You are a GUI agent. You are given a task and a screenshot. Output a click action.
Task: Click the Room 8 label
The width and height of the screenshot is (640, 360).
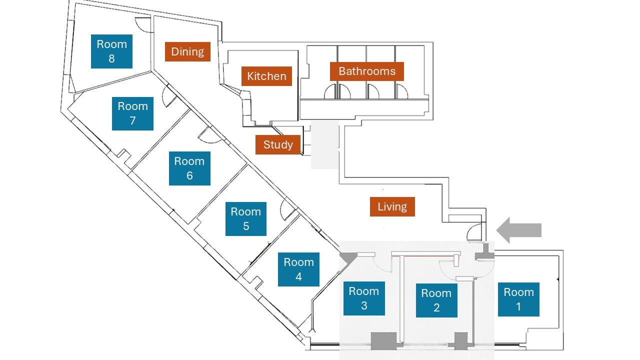pos(111,51)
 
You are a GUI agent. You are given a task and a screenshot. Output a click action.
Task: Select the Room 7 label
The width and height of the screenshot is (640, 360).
pos(132,113)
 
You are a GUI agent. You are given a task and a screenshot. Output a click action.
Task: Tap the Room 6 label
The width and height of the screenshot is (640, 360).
pos(189,168)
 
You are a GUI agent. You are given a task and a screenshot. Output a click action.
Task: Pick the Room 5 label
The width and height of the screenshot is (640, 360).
pos(245,219)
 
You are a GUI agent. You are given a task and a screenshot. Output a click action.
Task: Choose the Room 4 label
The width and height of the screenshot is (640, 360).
pos(298,269)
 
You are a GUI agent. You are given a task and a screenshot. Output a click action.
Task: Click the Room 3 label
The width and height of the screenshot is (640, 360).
pos(363,298)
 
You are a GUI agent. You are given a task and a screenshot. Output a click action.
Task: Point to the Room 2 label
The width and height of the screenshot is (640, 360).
pos(436,300)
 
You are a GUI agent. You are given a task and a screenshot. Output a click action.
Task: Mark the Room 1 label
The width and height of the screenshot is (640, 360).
pos(518,299)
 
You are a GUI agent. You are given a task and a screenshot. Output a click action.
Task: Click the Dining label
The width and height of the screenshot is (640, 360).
pos(187,51)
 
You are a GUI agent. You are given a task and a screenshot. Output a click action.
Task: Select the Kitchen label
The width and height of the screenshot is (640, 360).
pos(266,76)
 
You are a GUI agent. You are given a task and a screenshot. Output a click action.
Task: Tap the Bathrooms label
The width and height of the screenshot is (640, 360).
pos(367,71)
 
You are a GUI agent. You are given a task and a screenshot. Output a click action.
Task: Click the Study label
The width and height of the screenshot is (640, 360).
pos(278,144)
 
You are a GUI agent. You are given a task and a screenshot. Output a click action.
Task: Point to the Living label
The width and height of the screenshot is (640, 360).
pos(392,206)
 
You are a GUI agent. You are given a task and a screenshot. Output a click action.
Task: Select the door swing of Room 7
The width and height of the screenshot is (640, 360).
pos(169,98)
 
